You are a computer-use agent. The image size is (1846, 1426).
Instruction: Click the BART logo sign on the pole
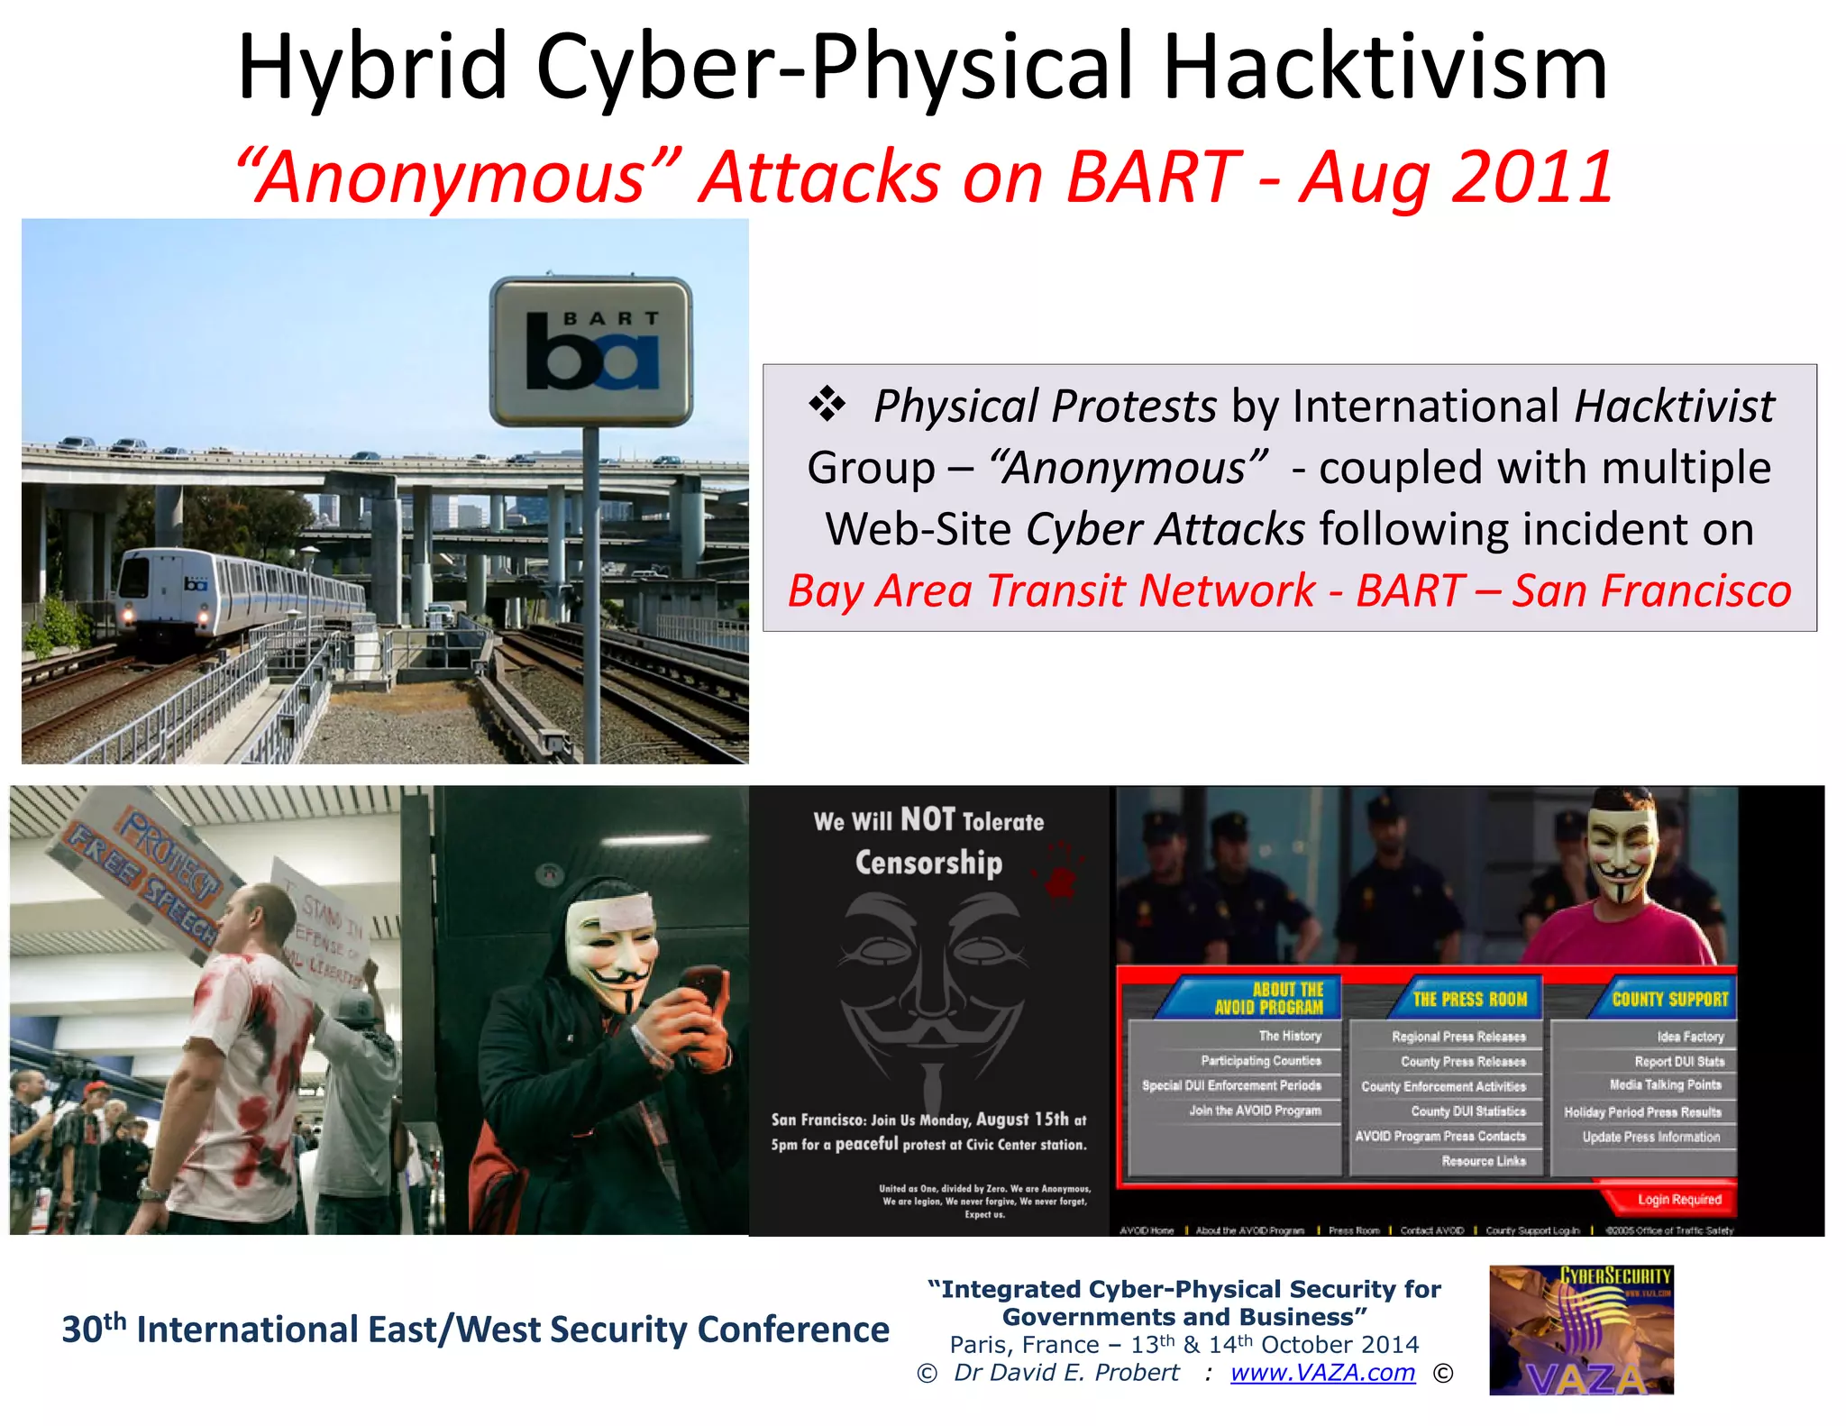coord(591,352)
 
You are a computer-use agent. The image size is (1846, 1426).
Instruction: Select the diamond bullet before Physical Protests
coord(827,404)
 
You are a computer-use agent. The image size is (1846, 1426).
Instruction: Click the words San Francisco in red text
coord(1651,591)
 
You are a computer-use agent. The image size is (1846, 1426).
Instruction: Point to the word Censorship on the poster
coord(928,863)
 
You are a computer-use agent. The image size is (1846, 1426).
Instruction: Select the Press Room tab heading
coord(1469,999)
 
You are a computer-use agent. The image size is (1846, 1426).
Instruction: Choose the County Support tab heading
coord(1669,999)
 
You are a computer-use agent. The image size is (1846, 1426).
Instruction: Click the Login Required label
coord(1678,1200)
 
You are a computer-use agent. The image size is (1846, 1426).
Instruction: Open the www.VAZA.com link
coord(1322,1373)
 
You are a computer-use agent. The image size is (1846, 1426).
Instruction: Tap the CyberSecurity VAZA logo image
coord(1581,1330)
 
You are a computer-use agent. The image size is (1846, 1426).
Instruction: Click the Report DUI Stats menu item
coord(1678,1062)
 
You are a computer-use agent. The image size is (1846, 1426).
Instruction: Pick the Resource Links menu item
coord(1483,1161)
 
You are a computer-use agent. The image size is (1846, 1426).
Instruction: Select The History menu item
coord(1289,1037)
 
